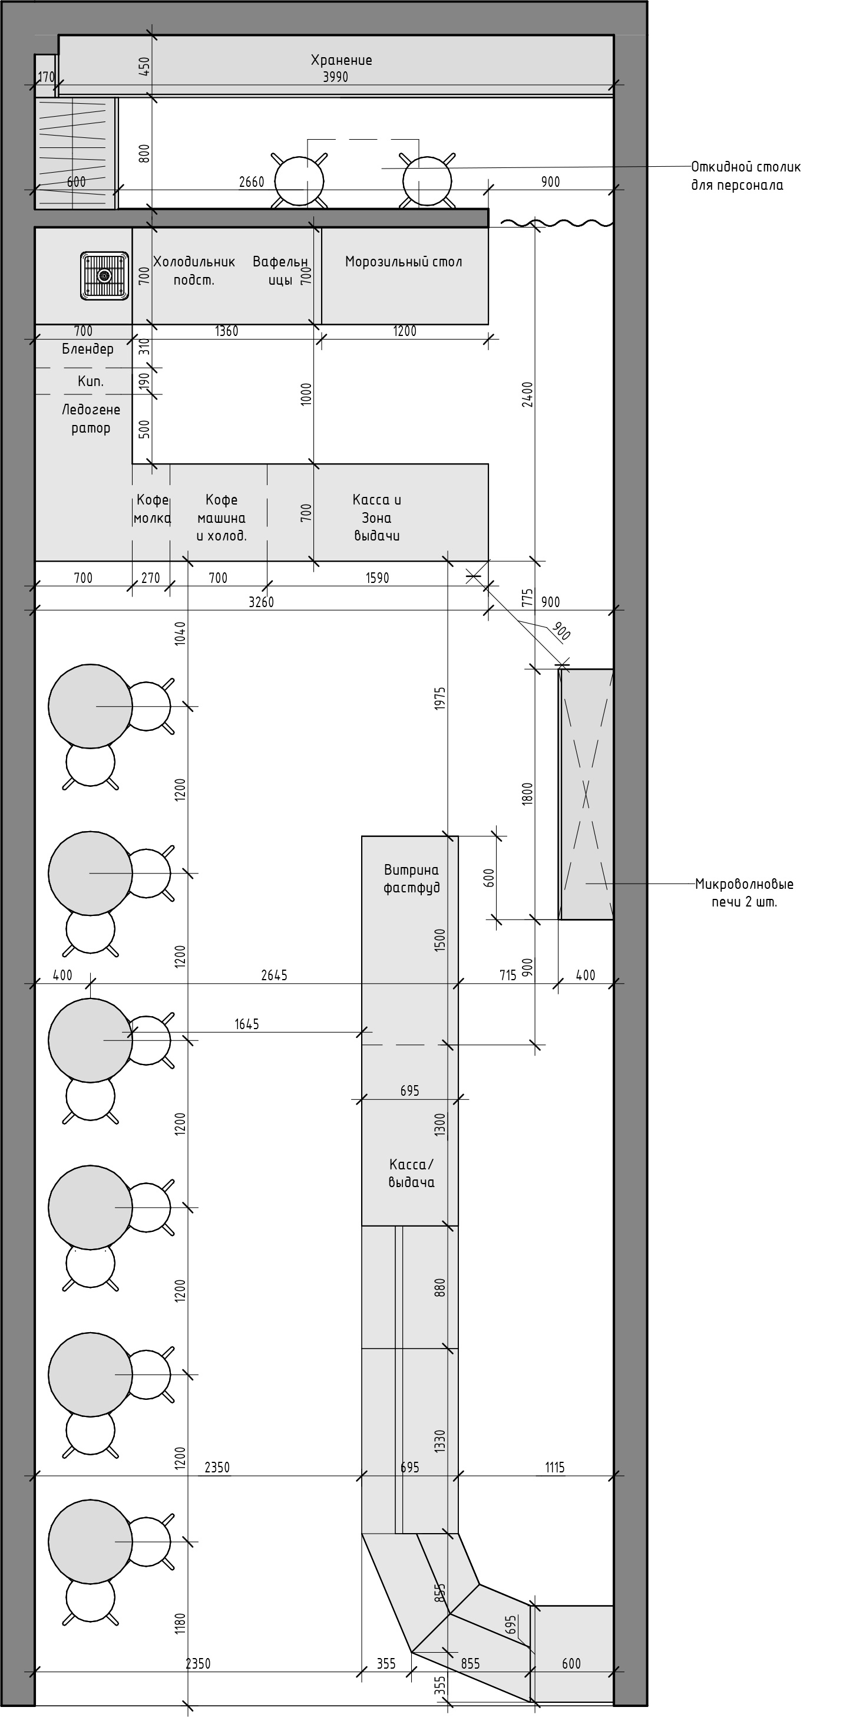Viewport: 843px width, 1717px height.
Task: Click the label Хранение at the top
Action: pyautogui.click(x=341, y=60)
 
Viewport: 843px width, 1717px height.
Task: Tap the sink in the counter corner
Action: pyautogui.click(x=105, y=275)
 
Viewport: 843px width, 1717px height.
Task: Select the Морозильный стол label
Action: pyautogui.click(x=403, y=261)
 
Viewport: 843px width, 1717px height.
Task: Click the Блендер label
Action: pyautogui.click(x=87, y=348)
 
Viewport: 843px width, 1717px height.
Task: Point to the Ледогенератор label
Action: pyautogui.click(x=91, y=418)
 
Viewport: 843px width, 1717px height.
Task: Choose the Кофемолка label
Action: pyautogui.click(x=152, y=509)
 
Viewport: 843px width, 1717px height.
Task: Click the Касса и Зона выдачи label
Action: pyautogui.click(x=376, y=518)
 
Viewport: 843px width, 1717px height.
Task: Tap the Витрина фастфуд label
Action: pyautogui.click(x=411, y=878)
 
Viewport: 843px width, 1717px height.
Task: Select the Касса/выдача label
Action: pyautogui.click(x=411, y=1173)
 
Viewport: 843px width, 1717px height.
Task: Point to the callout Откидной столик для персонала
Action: pyautogui.click(x=745, y=175)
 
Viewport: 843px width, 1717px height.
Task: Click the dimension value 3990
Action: pyautogui.click(x=335, y=77)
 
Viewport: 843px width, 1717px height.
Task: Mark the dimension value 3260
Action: pyautogui.click(x=261, y=602)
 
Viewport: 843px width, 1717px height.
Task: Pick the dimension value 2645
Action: pyautogui.click(x=274, y=975)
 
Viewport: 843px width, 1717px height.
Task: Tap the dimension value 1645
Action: pyautogui.click(x=247, y=1024)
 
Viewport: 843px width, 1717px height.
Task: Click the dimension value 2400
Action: pyautogui.click(x=528, y=394)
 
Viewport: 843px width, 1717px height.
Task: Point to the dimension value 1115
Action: pyautogui.click(x=554, y=1467)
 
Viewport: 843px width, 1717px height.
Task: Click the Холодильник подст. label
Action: pyautogui.click(x=194, y=271)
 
